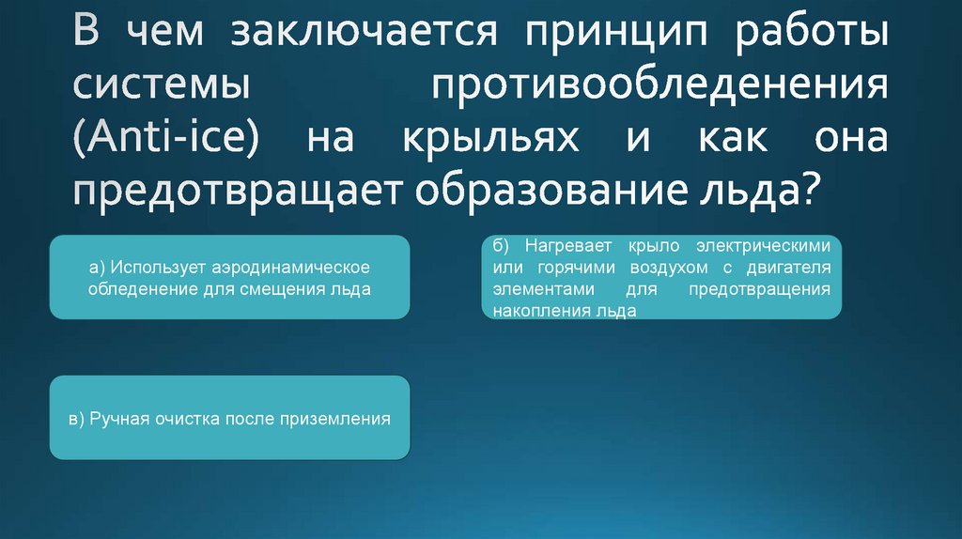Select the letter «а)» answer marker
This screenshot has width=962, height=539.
pos(98,269)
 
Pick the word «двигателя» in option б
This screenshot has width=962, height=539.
pos(794,268)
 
